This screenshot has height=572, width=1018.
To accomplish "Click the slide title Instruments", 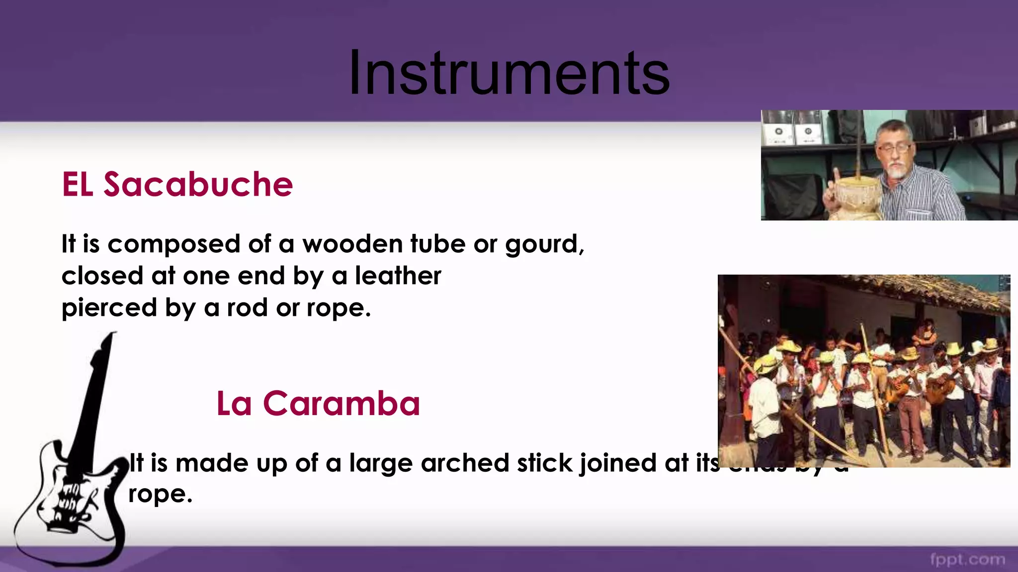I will click(x=509, y=73).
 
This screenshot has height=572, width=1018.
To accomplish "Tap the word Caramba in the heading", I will click(x=341, y=403).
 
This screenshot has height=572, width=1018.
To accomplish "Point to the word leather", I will click(x=398, y=276).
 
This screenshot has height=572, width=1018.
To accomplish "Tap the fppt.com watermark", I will click(x=967, y=560).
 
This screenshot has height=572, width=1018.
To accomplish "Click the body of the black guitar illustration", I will click(x=75, y=501).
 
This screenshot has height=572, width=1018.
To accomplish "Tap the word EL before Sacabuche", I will click(x=78, y=185).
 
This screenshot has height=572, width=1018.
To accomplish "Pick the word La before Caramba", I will click(x=234, y=403).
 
